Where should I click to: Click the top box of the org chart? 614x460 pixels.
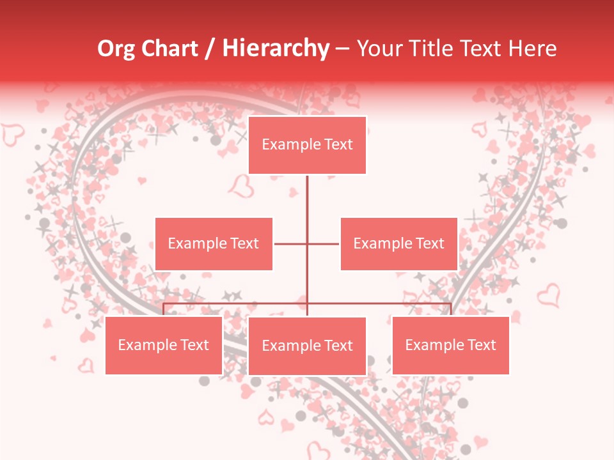tap(307, 145)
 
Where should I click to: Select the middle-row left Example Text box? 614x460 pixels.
tap(214, 243)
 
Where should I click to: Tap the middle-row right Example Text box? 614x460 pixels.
tap(398, 243)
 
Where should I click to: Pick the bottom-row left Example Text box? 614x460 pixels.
tap(164, 345)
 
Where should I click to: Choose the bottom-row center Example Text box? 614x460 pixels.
tap(307, 346)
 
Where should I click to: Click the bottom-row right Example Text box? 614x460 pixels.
tap(450, 345)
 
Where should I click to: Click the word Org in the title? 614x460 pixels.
tap(116, 49)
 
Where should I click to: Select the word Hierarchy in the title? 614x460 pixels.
tap(275, 49)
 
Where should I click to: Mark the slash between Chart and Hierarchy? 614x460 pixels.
tap(210, 49)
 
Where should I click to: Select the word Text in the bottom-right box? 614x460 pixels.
tap(481, 345)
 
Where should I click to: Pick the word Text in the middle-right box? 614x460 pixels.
tap(429, 243)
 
